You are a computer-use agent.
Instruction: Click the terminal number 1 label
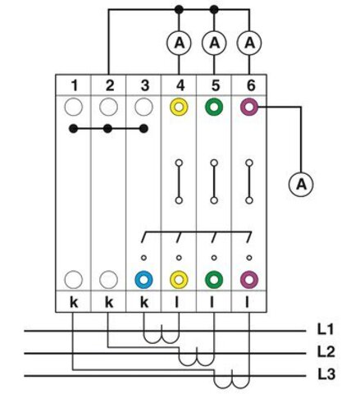click(74, 85)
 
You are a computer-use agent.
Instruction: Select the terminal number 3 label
click(144, 85)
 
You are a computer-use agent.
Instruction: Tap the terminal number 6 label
click(250, 85)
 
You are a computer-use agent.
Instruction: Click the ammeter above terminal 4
click(179, 43)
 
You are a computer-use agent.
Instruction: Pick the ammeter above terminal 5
click(214, 43)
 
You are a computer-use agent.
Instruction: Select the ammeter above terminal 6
click(249, 43)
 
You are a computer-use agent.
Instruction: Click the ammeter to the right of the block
click(301, 184)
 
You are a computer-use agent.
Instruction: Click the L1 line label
click(326, 329)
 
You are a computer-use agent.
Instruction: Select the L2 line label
click(326, 351)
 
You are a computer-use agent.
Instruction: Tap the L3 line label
click(326, 374)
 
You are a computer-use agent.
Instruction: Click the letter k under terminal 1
click(74, 302)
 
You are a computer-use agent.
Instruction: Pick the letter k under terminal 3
click(144, 302)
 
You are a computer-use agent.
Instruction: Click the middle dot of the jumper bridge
click(108, 128)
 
